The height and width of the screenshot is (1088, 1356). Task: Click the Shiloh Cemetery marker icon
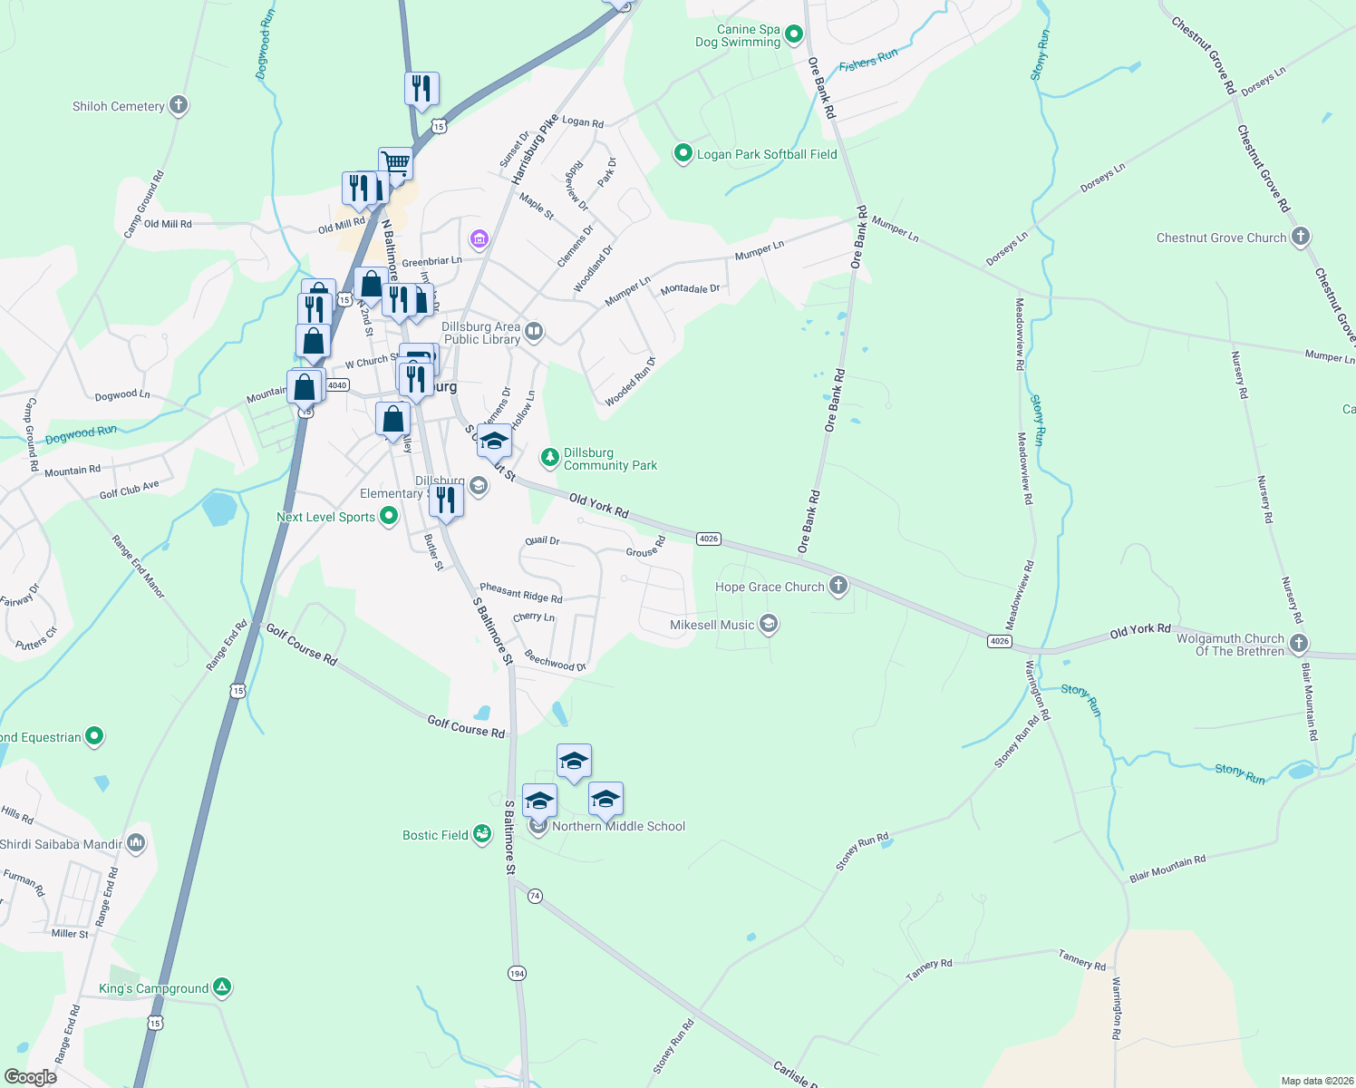click(x=179, y=105)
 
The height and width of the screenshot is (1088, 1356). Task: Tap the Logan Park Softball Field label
click(x=767, y=154)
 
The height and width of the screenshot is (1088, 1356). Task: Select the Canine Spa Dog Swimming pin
click(x=794, y=34)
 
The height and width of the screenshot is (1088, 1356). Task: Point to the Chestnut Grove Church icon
click(x=1301, y=238)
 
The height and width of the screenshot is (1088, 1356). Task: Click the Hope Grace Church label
click(x=770, y=587)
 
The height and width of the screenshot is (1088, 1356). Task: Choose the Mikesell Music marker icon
click(x=769, y=624)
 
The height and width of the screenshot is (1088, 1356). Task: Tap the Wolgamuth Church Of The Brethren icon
click(x=1299, y=644)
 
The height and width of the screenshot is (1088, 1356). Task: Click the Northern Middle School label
click(x=618, y=826)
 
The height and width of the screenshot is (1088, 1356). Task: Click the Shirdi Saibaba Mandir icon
click(x=136, y=843)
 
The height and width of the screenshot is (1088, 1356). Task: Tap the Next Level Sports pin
click(x=389, y=516)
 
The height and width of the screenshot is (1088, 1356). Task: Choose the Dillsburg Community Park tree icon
click(x=549, y=457)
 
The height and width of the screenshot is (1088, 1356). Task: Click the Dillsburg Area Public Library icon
click(x=534, y=332)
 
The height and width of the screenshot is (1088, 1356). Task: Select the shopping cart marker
click(x=396, y=164)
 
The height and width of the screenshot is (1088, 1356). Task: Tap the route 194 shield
click(x=517, y=973)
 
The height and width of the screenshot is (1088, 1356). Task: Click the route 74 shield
click(x=535, y=896)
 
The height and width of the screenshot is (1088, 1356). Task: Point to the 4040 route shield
click(x=337, y=385)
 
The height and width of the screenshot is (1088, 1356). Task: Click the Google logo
click(x=30, y=1077)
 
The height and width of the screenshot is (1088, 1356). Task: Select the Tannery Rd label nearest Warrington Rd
click(x=1082, y=959)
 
